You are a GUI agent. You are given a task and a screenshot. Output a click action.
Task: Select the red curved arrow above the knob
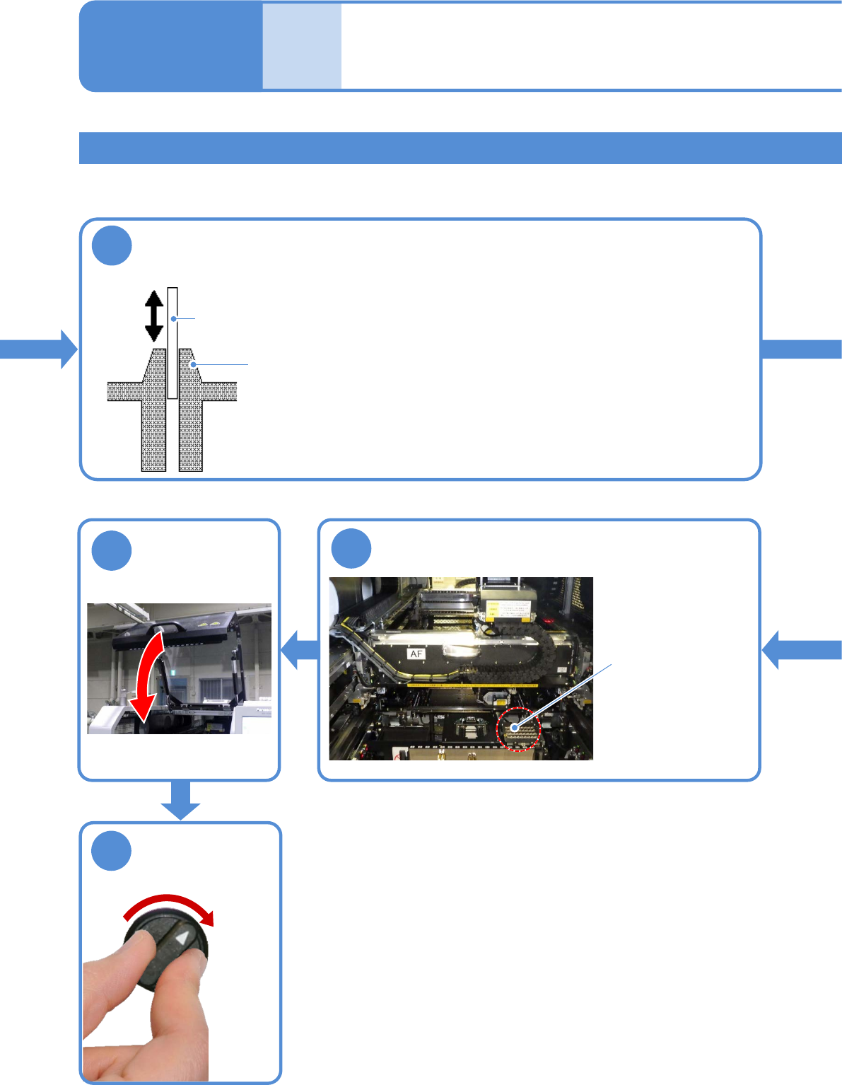[170, 906]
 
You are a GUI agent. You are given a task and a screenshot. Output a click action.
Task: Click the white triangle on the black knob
[183, 939]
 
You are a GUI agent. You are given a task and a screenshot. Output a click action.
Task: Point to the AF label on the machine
[416, 654]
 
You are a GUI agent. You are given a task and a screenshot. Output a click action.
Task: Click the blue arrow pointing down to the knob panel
[180, 801]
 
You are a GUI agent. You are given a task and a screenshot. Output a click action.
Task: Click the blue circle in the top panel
[112, 245]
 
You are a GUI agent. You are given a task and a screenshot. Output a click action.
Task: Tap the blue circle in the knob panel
[112, 851]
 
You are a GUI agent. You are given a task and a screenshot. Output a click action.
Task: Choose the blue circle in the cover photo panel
[112, 550]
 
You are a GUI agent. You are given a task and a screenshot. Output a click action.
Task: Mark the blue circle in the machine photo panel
[351, 548]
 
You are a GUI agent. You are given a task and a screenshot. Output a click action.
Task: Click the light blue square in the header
[302, 47]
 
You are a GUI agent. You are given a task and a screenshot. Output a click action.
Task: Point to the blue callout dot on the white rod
[173, 319]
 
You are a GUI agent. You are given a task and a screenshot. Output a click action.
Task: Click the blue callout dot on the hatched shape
[192, 365]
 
